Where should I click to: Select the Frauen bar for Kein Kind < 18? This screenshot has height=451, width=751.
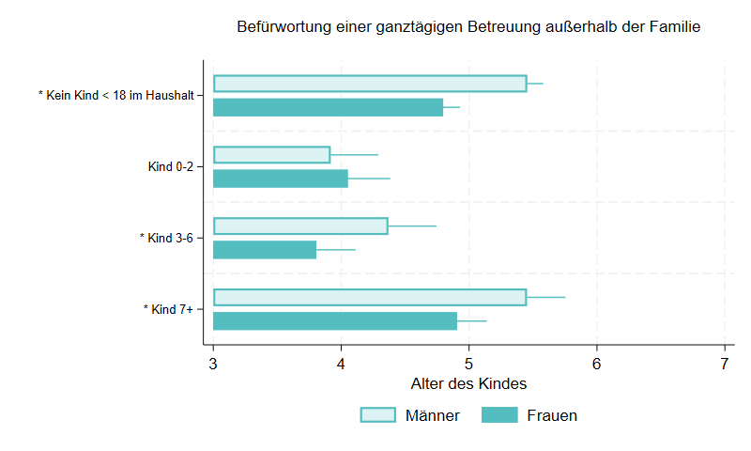328,107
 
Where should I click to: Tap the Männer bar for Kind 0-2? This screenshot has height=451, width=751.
271,155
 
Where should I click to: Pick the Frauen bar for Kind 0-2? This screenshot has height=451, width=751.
281,179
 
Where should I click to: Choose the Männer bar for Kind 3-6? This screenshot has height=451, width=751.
300,225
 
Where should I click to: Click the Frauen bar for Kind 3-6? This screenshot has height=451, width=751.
265,250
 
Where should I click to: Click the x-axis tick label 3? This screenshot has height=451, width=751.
213,363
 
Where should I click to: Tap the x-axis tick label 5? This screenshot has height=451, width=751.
468,363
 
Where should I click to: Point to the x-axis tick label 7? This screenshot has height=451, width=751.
724,363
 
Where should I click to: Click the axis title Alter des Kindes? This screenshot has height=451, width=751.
468,384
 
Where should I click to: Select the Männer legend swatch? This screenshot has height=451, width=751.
377,415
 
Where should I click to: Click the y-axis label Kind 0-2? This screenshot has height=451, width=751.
170,167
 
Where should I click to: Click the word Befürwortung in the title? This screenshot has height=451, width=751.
284,28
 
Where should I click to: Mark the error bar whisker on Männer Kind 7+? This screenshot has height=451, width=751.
546,297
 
